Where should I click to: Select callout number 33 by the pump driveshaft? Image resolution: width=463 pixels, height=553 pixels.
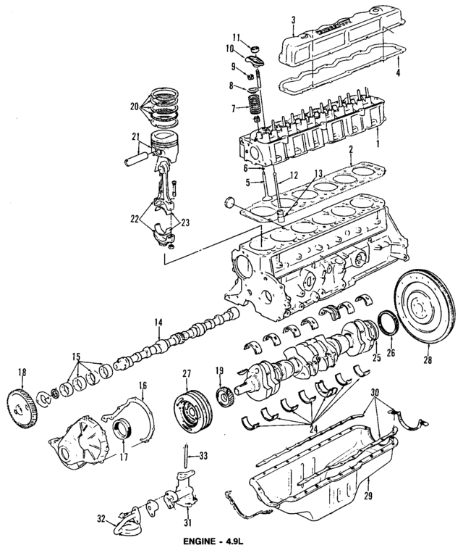click(204, 456)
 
